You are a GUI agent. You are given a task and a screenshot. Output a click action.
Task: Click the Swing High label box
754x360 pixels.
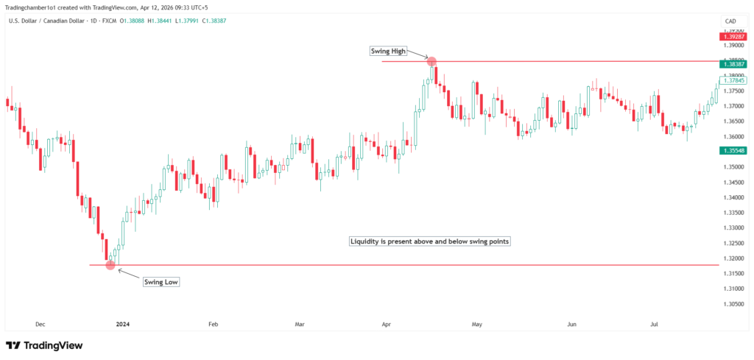(x=387, y=51)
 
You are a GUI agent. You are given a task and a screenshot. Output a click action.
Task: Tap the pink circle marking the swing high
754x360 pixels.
(x=432, y=62)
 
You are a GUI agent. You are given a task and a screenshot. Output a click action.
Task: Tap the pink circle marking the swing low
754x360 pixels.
(x=110, y=264)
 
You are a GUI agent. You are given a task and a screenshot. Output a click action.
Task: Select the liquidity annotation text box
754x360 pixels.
(x=440, y=241)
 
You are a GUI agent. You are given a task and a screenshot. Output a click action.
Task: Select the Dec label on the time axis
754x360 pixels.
(x=40, y=323)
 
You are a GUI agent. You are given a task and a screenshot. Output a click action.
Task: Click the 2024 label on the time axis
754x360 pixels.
(x=122, y=323)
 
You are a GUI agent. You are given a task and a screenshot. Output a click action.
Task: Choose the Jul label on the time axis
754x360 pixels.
(x=654, y=323)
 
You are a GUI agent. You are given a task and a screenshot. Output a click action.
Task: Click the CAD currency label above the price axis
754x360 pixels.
(x=730, y=21)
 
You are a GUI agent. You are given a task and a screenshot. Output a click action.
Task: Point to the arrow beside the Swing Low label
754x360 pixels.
(x=127, y=275)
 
